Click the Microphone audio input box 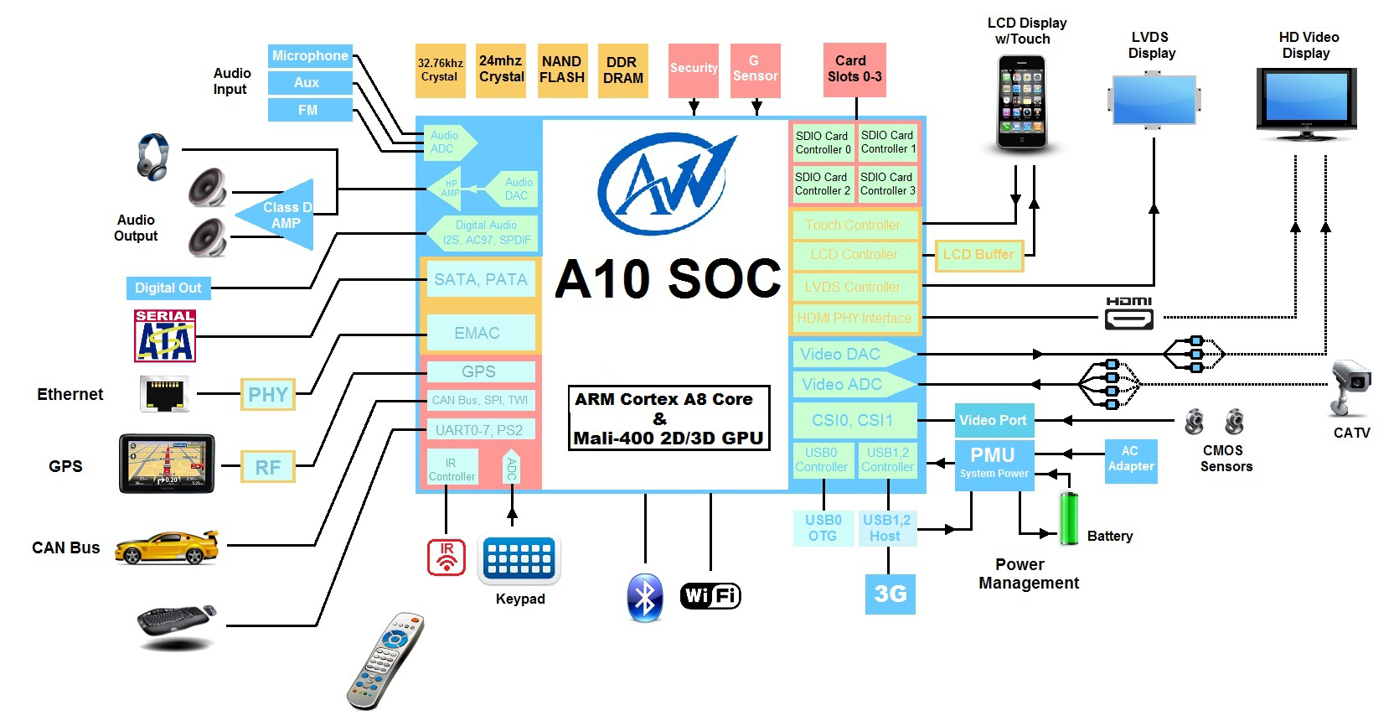pos(309,56)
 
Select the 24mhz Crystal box pos(501,70)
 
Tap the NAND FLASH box pos(561,70)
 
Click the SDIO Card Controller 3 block pos(887,184)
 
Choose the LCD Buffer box pos(978,255)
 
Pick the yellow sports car pos(166,547)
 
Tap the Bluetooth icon pos(645,597)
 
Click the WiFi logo pos(710,596)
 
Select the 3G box pos(890,594)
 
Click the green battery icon pos(1068,519)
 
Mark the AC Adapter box pos(1130,459)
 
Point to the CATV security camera pos(1350,387)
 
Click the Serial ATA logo pos(165,335)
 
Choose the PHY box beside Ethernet pos(268,394)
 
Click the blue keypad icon pos(519,559)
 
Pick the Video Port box pos(993,420)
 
